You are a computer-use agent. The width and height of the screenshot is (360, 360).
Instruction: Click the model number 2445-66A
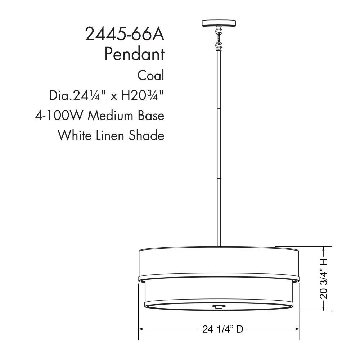click(125, 34)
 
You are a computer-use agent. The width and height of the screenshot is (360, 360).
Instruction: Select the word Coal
click(151, 75)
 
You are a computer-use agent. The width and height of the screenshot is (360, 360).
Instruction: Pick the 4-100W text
click(58, 115)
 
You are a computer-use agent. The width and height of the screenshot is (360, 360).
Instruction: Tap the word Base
click(151, 115)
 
